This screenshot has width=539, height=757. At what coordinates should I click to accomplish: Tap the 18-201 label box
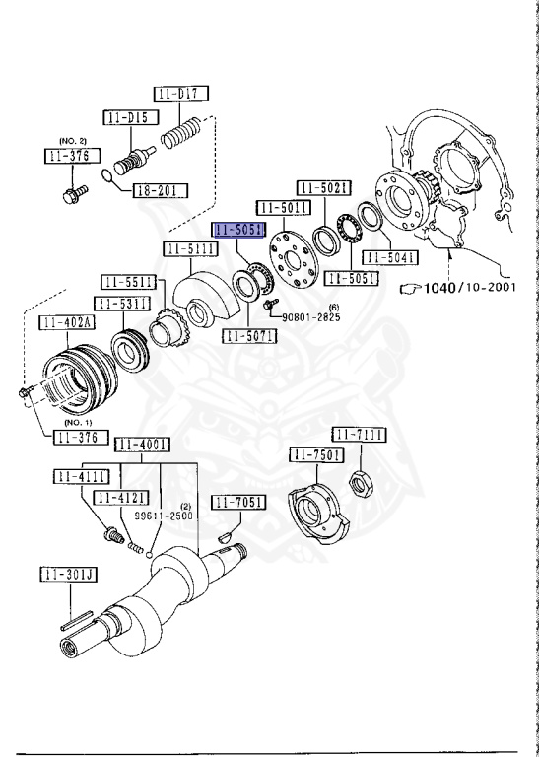[162, 189]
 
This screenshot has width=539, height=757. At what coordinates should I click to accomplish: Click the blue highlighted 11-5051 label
[238, 230]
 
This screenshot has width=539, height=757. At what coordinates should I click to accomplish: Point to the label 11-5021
[324, 187]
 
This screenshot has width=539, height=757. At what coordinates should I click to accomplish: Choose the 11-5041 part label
[392, 258]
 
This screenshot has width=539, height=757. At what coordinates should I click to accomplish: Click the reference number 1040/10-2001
[468, 288]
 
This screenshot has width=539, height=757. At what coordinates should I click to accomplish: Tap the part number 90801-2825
[311, 317]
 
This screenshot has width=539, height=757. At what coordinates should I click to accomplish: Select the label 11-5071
[249, 336]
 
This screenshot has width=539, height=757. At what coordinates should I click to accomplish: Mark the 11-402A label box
[66, 322]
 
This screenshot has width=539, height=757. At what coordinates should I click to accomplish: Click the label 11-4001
[142, 445]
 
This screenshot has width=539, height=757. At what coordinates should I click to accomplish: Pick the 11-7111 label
[358, 435]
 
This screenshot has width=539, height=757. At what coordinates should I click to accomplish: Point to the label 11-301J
[66, 575]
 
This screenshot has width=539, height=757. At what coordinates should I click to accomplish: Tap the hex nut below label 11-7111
[360, 482]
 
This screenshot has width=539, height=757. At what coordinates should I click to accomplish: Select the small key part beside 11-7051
[222, 534]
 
